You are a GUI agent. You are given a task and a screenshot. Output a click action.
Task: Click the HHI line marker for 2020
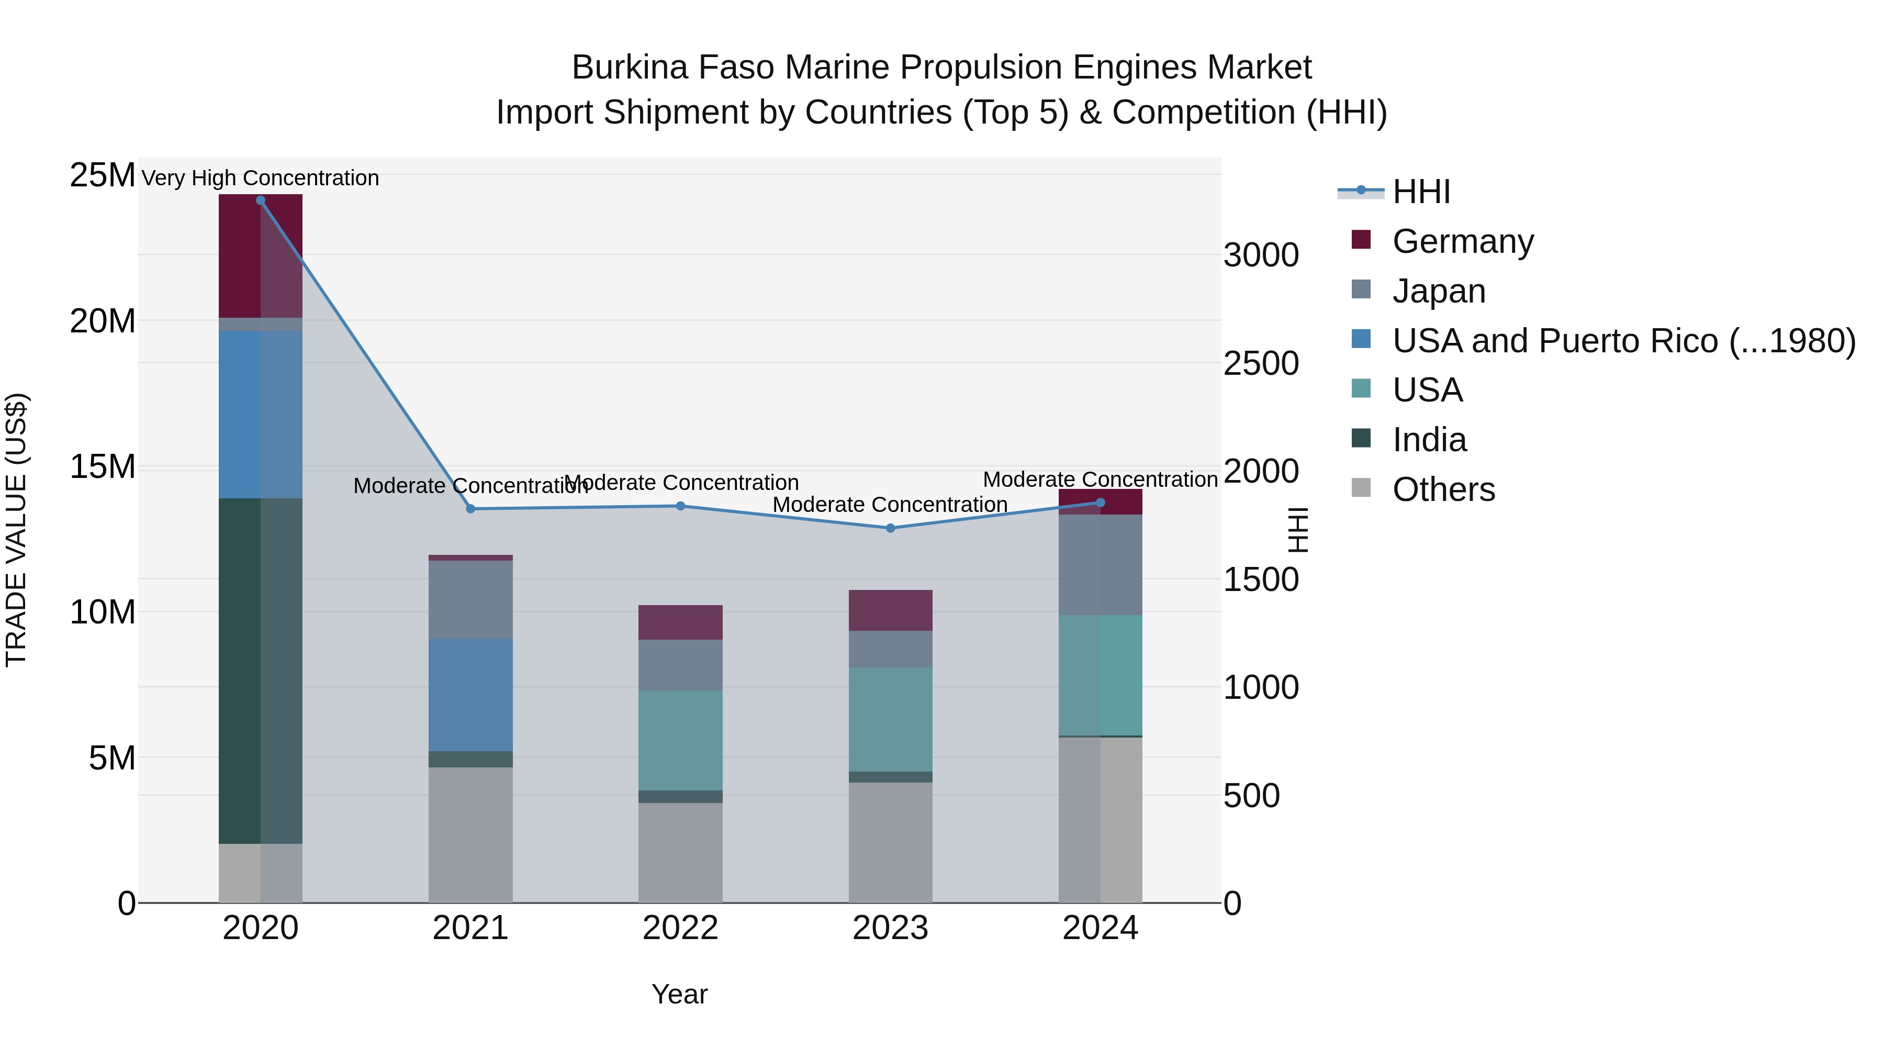(261, 200)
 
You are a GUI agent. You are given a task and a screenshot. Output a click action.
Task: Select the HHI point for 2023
(890, 528)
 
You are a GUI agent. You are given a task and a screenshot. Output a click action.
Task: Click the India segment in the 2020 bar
(261, 671)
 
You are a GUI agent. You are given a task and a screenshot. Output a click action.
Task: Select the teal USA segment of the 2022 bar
(680, 740)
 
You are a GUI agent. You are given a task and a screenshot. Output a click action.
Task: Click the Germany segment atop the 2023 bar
(890, 610)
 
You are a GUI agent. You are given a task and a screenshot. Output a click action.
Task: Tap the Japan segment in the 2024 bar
(1100, 565)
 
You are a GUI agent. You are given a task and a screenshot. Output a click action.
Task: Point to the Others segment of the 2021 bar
(470, 835)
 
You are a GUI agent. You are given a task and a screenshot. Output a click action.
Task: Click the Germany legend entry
(1463, 241)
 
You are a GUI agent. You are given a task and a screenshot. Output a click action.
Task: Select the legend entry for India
(1429, 440)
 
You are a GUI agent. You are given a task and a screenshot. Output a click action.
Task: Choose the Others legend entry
(1443, 489)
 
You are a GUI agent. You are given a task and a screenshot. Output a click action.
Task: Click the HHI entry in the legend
(1421, 192)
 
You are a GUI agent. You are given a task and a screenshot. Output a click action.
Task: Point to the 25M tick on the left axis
(103, 175)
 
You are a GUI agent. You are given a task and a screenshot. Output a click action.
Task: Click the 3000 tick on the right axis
(1261, 255)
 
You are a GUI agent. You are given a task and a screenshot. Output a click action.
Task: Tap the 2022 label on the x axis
(680, 928)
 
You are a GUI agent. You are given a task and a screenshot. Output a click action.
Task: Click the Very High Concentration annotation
(261, 178)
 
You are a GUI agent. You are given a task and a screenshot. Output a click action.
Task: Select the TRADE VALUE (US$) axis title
(16, 530)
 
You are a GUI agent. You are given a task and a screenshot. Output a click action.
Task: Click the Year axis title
(679, 994)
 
